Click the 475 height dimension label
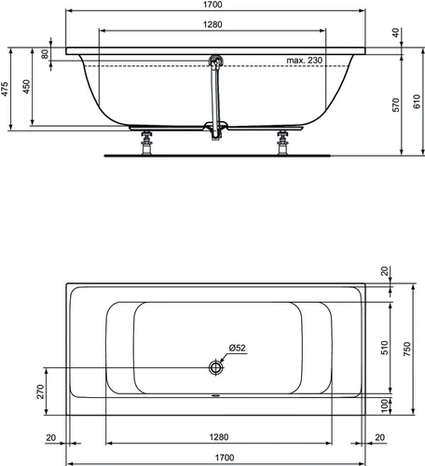tap(5, 89)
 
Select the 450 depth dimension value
tap(26, 87)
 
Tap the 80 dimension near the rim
tap(45, 54)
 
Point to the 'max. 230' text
tap(305, 61)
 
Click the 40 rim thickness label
tap(395, 33)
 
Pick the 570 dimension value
tap(395, 105)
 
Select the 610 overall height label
tap(417, 102)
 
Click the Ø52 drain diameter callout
tap(237, 348)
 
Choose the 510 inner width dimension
tap(385, 348)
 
